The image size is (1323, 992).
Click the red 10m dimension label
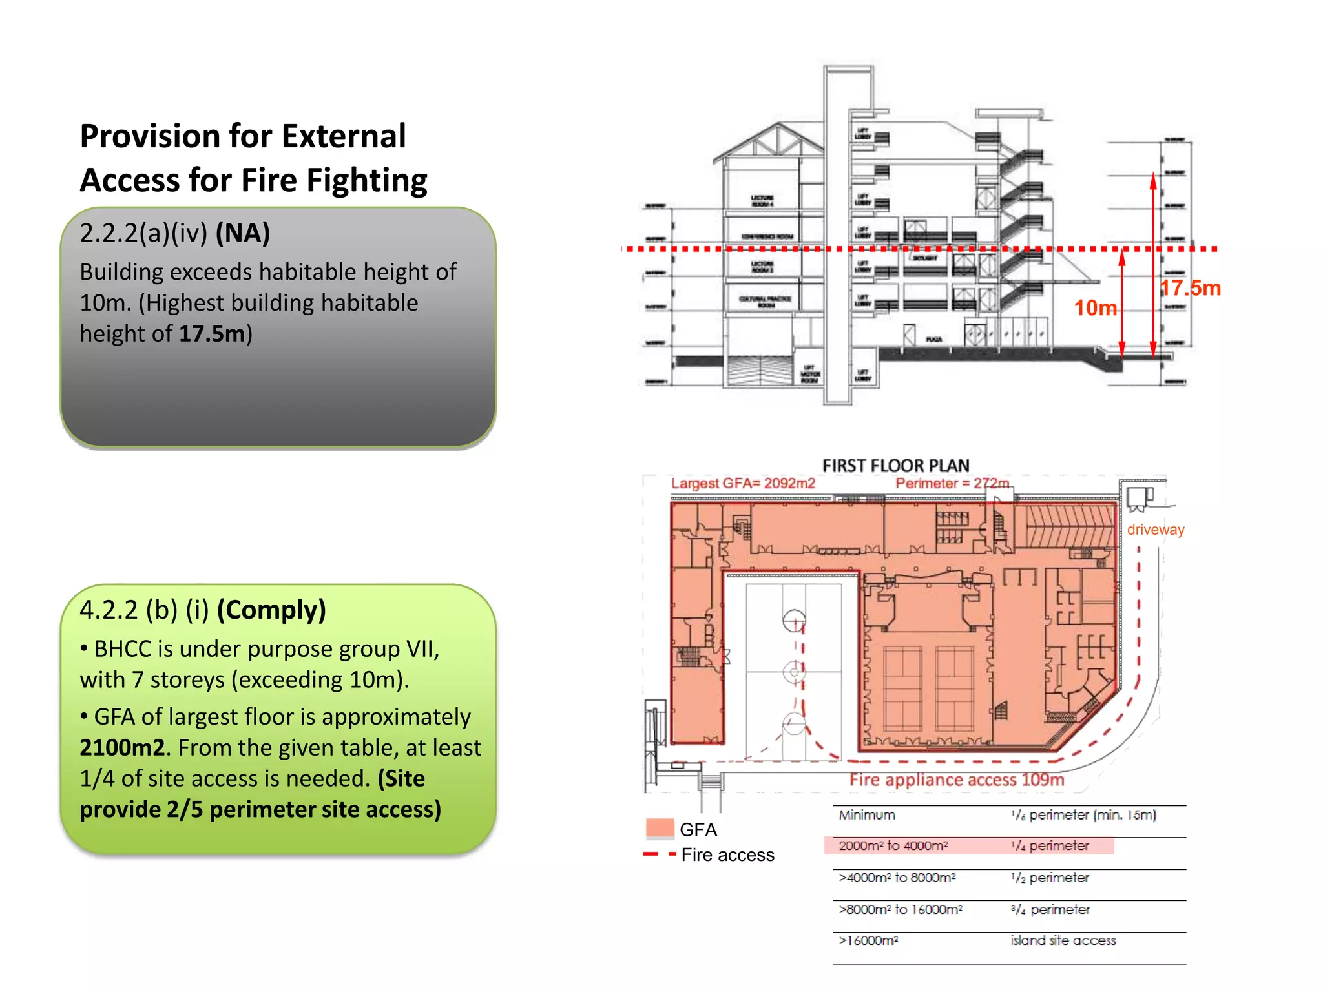(x=1095, y=308)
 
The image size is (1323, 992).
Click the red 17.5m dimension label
(x=1190, y=288)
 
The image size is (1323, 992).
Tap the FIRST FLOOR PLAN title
(x=895, y=466)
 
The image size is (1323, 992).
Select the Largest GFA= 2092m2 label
(x=743, y=483)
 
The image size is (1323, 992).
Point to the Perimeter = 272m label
(x=952, y=483)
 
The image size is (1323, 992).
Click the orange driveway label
(x=1156, y=530)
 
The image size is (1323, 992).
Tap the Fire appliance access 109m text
(x=957, y=780)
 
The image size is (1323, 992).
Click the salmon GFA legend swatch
(x=660, y=829)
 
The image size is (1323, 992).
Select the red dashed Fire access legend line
(x=660, y=854)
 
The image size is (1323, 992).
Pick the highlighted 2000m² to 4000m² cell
(x=893, y=845)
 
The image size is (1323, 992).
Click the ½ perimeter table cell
(x=1050, y=878)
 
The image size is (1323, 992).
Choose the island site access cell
(x=1063, y=940)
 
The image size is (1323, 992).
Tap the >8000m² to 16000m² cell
(x=900, y=909)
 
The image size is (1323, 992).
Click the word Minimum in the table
(x=867, y=815)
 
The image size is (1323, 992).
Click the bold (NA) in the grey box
(x=243, y=233)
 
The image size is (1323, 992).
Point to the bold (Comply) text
(x=271, y=610)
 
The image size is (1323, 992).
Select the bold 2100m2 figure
(x=122, y=747)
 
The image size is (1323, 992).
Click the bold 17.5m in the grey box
(x=213, y=333)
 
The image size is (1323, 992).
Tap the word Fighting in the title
(x=366, y=180)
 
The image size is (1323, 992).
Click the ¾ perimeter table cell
(x=1050, y=909)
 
